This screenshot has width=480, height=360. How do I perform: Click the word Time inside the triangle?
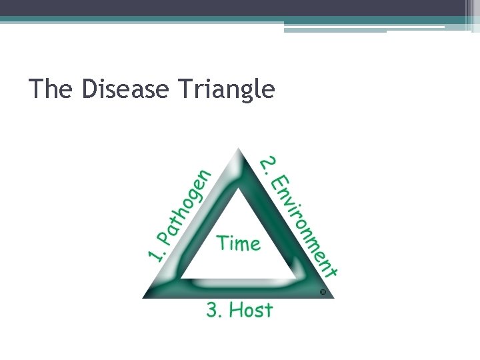tap(239, 243)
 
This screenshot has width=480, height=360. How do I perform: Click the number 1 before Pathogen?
tap(155, 255)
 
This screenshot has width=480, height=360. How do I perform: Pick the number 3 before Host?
tap(214, 310)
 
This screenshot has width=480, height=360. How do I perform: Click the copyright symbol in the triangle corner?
tap(323, 292)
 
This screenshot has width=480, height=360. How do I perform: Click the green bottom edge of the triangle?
tap(238, 288)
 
